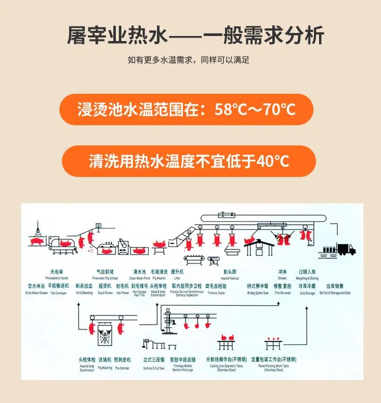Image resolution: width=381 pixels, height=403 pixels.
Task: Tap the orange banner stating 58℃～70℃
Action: (x=186, y=109)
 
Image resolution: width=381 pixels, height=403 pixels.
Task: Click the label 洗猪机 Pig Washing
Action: (x=105, y=361)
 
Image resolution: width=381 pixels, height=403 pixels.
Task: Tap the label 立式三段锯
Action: (x=154, y=361)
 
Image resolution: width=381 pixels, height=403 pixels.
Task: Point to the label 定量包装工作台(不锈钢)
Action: (x=274, y=359)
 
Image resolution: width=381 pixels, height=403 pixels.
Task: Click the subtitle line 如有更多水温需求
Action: (x=188, y=60)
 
